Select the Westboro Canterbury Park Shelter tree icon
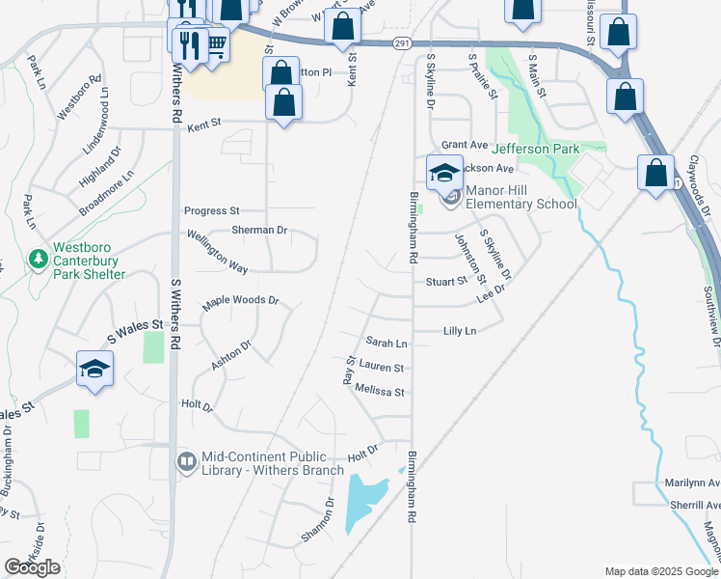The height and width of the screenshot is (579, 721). (x=38, y=260)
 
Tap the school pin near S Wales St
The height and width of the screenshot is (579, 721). (x=95, y=369)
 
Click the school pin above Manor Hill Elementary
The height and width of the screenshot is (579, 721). (x=443, y=172)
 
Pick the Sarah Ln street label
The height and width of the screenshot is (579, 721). (x=387, y=343)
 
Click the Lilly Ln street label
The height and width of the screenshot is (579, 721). (x=459, y=331)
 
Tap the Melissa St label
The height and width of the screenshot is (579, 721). (x=379, y=393)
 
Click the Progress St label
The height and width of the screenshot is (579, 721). (x=211, y=210)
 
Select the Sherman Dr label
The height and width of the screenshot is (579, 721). (x=259, y=231)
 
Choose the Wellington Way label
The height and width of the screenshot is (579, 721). (x=217, y=250)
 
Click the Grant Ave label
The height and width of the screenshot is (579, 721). (x=466, y=144)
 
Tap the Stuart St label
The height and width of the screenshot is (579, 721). (x=446, y=282)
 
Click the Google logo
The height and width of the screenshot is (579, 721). (x=33, y=567)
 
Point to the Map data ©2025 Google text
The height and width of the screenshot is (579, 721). (x=660, y=570)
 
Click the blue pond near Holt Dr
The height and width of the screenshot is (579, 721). (x=363, y=496)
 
